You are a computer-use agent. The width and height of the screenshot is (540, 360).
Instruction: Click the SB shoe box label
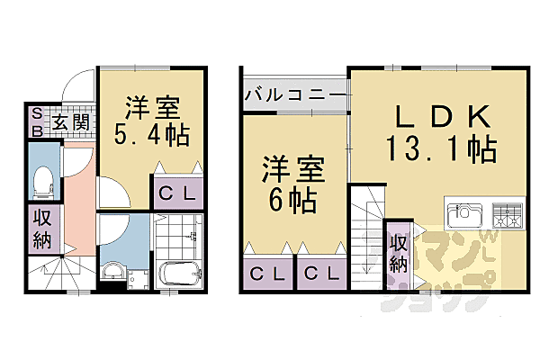pos(37,120)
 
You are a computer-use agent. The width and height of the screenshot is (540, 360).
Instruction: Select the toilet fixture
pos(42,181)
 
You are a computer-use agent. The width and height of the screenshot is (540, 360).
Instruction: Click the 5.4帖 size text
pos(151,137)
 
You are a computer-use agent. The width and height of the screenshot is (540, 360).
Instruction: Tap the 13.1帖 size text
pos(441,149)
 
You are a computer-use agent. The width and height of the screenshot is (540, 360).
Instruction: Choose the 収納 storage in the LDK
pos(398,252)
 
